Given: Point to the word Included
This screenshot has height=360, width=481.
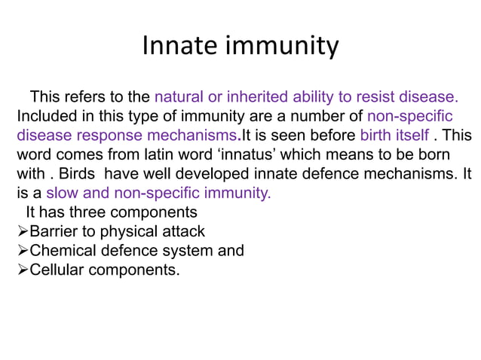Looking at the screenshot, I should point(45,116).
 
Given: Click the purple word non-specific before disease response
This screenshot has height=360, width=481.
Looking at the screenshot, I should point(409,116).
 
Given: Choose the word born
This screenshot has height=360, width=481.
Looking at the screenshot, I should point(432,154).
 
